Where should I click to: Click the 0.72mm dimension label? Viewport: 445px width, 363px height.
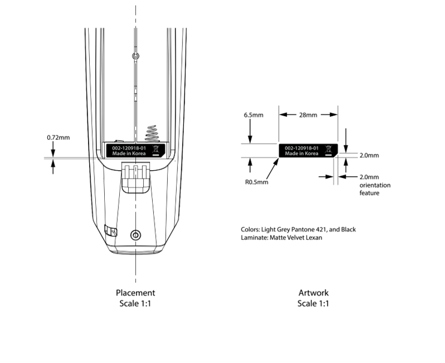click(58, 137)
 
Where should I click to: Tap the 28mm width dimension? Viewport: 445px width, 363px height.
click(308, 114)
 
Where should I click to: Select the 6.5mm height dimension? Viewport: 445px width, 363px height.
click(253, 115)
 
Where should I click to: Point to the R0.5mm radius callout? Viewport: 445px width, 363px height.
click(256, 182)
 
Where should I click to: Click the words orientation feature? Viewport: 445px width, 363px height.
click(375, 189)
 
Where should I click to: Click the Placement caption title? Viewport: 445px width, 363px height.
click(135, 292)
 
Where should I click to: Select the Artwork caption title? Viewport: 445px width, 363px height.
click(313, 292)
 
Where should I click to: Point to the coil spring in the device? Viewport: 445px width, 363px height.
click(152, 134)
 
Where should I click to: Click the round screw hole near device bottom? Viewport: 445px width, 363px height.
click(136, 235)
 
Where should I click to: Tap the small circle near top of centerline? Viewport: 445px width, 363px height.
click(136, 56)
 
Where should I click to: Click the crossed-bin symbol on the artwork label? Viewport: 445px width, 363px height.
click(328, 150)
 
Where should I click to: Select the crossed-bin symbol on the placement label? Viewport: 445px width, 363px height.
click(156, 150)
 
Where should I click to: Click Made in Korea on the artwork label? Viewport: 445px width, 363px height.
click(301, 153)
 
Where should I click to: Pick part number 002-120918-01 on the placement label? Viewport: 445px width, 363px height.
click(129, 148)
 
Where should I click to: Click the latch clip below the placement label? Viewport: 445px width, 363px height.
click(136, 177)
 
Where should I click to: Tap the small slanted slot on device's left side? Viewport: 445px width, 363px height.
click(111, 231)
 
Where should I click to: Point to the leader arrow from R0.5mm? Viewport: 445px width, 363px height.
click(272, 168)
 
